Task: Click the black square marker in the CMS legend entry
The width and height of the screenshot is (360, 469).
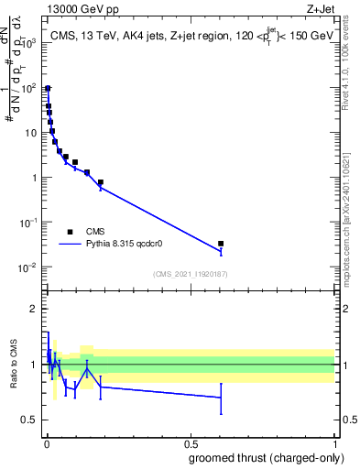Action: point(70,232)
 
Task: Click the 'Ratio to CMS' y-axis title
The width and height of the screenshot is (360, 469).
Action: point(14,365)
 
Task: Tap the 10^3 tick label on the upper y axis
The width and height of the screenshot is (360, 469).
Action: point(29,43)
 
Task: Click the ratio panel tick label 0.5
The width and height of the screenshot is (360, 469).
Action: point(32,420)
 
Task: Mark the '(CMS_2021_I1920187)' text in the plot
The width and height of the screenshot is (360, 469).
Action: point(190,274)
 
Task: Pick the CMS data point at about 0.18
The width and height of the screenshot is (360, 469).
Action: point(100,182)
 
